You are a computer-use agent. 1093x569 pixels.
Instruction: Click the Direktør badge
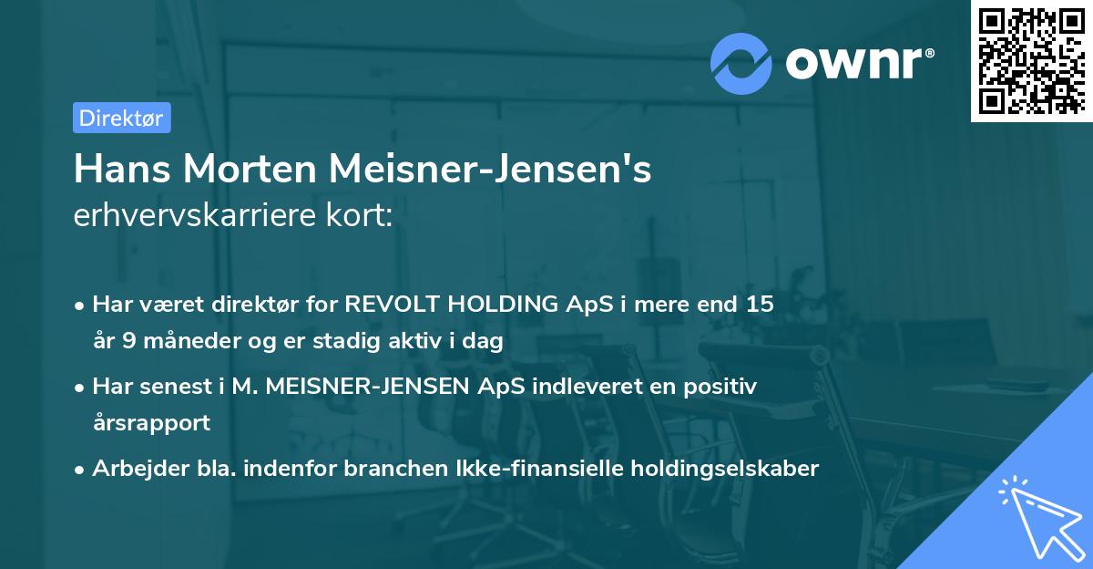pos(121,118)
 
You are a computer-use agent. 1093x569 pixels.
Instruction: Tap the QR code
pos(1030,61)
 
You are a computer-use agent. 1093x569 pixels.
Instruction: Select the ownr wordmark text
pos(855,63)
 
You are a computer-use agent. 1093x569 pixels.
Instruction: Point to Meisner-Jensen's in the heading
pos(490,170)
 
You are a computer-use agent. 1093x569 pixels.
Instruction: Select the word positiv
pos(722,387)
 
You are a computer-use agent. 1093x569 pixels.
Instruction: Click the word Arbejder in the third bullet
pos(130,469)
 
